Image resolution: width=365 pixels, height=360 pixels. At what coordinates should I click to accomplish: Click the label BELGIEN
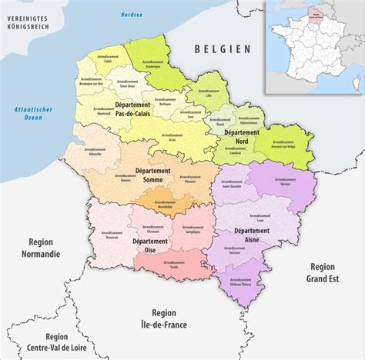pos(223,48)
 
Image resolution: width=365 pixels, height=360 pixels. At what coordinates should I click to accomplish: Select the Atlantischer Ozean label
pos(33,114)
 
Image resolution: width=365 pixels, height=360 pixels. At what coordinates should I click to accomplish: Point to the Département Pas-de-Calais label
pos(132,109)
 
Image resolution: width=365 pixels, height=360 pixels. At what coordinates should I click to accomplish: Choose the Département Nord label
pos(241,137)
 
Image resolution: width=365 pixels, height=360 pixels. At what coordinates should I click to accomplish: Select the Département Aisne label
pos(252,235)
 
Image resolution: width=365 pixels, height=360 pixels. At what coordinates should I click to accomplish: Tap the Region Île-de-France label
pos(163,318)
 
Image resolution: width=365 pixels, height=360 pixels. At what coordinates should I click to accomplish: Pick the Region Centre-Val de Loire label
pos(56,342)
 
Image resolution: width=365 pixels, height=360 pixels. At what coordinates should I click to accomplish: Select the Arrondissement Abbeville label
pos(95,151)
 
